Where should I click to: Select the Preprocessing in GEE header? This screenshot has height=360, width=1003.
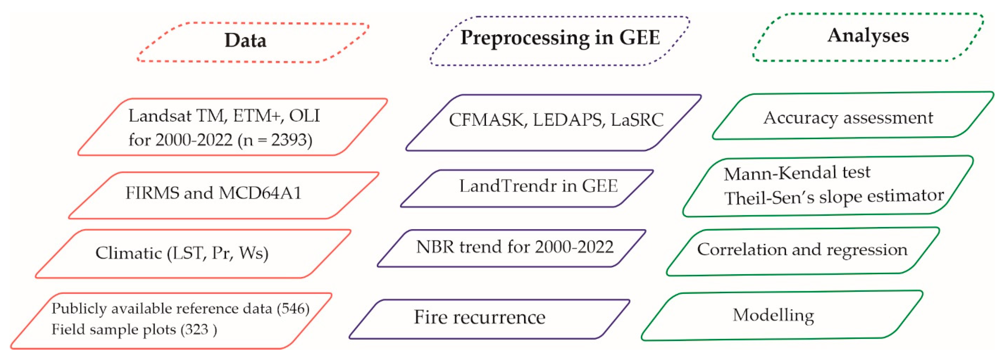coord(560,39)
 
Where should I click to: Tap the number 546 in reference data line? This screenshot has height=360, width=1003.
coord(293,309)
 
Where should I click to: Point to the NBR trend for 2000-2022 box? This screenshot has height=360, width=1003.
coord(514,247)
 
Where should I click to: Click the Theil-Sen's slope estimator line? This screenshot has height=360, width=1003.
coord(834,197)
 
